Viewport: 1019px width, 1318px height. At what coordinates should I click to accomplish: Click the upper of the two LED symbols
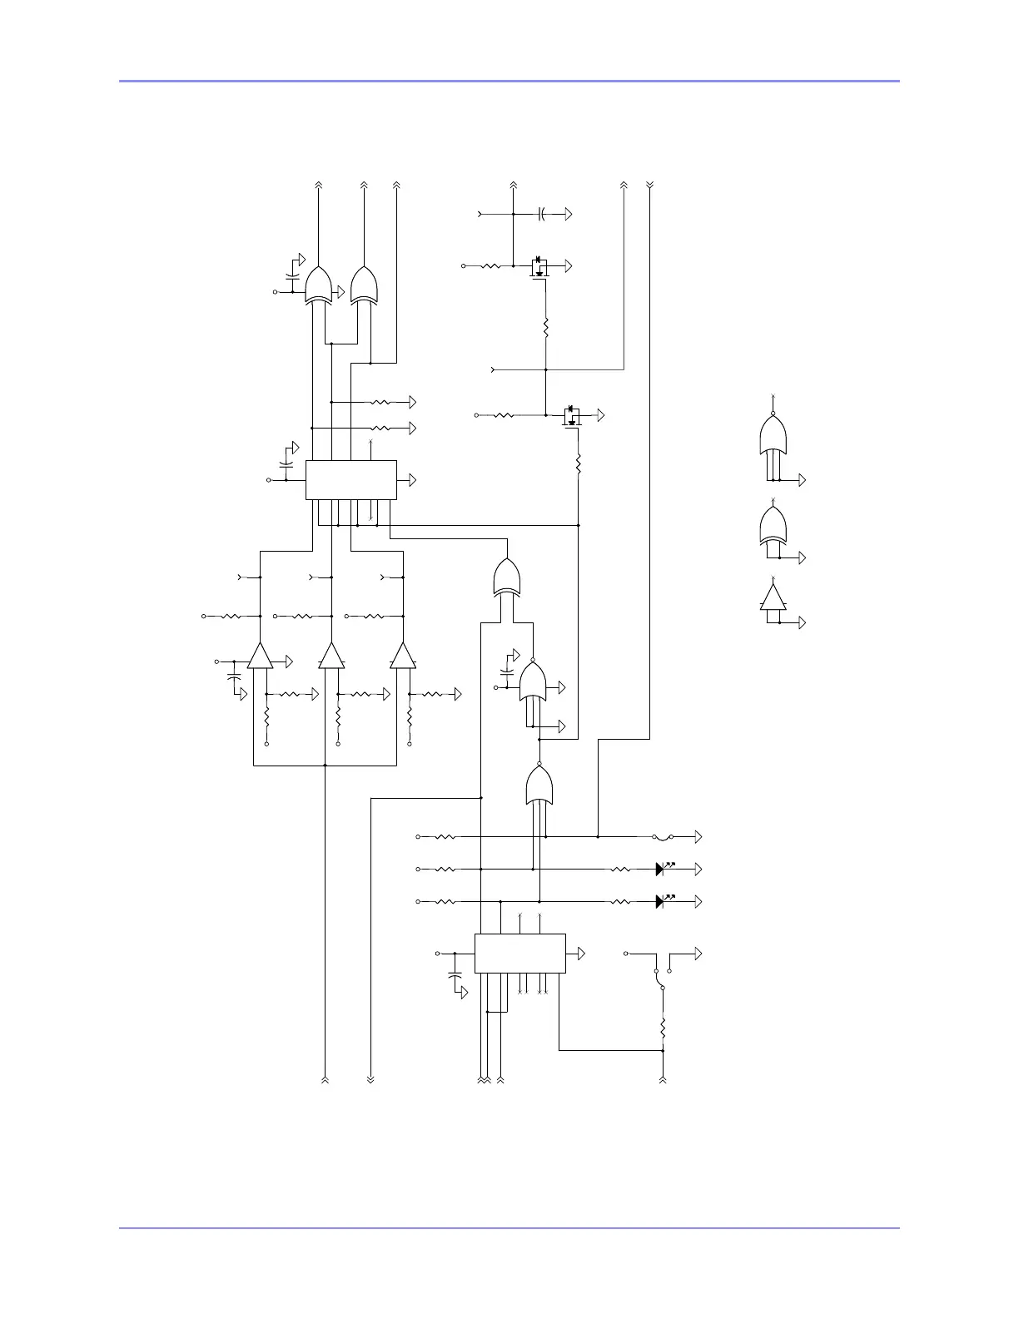pyautogui.click(x=660, y=869)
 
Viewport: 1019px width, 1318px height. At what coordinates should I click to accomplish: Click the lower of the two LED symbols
pyautogui.click(x=660, y=901)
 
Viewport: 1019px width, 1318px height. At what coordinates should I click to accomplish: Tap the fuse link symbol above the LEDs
pyautogui.click(x=664, y=836)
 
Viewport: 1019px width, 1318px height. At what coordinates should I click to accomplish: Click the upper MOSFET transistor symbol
pyautogui.click(x=539, y=267)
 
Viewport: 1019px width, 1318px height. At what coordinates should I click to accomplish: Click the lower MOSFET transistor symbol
pyautogui.click(x=571, y=416)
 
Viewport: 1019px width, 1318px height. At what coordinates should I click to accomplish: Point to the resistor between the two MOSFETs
pyautogui.click(x=545, y=328)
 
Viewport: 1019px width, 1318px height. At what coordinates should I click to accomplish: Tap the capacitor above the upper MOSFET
pyautogui.click(x=541, y=215)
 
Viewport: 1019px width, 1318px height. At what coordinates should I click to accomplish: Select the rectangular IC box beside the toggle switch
pyautogui.click(x=519, y=953)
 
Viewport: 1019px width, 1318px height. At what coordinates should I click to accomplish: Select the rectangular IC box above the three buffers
pyautogui.click(x=350, y=480)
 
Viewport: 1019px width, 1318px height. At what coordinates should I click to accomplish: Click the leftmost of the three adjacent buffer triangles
pyautogui.click(x=260, y=657)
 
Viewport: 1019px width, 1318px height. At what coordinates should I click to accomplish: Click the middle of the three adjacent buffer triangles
pyautogui.click(x=331, y=657)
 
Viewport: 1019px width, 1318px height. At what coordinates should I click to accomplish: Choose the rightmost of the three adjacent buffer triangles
pyautogui.click(x=403, y=657)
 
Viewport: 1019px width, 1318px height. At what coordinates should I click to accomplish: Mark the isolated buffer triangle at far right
pyautogui.click(x=773, y=597)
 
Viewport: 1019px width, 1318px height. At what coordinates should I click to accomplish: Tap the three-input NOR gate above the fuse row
pyautogui.click(x=539, y=785)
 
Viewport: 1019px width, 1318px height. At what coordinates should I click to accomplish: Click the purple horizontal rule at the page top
pyautogui.click(x=509, y=81)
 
